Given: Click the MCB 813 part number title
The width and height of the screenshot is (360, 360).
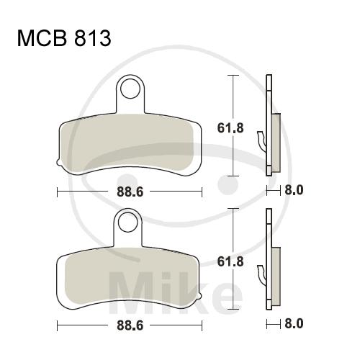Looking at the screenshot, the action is point(64,38).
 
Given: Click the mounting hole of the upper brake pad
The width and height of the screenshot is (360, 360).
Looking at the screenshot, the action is point(130,89).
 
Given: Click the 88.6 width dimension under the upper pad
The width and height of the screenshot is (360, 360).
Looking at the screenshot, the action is point(130,192).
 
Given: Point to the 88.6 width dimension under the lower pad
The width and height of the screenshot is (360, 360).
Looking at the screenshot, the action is point(130,325).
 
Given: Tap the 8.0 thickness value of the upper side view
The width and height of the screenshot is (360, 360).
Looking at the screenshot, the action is point(294,190).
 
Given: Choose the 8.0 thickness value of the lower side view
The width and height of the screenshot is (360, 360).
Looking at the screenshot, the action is point(294,324).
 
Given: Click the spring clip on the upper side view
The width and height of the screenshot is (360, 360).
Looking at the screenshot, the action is point(262,142).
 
